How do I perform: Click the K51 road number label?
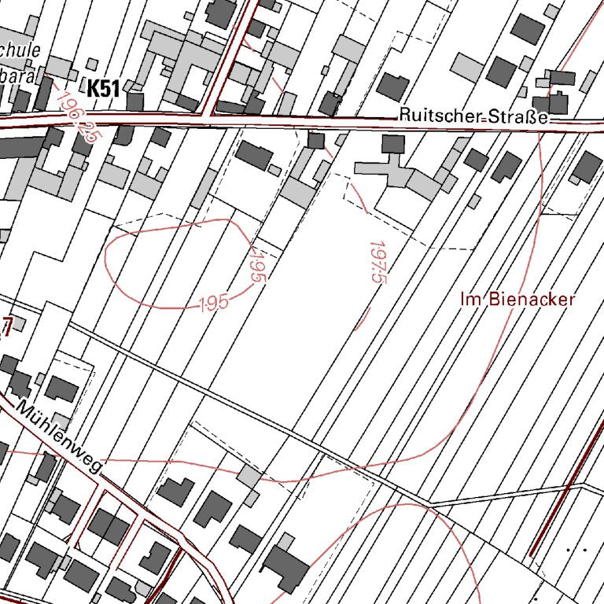tap(103, 89)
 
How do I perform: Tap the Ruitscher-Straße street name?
tap(472, 115)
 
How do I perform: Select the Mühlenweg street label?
tap(60, 438)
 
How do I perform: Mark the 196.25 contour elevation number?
tap(79, 114)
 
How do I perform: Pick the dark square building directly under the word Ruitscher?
tap(392, 144)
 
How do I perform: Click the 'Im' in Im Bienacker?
tap(470, 300)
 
